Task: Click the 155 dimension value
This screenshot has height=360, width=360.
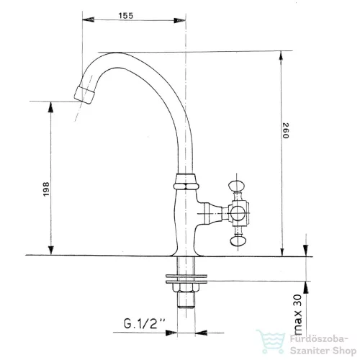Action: point(125,16)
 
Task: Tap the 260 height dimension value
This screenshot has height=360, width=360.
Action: point(286,131)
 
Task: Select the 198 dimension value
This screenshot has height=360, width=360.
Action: point(46,189)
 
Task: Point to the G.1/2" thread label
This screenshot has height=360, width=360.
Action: point(145,323)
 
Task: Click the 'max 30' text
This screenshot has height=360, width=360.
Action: point(297,315)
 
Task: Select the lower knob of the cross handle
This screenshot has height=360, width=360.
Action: point(237,241)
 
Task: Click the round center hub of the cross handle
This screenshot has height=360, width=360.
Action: point(238,213)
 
